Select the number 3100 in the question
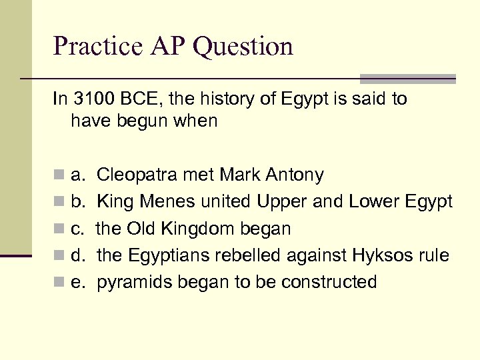pyautogui.click(x=91, y=99)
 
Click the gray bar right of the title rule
pyautogui.click(x=407, y=79)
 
